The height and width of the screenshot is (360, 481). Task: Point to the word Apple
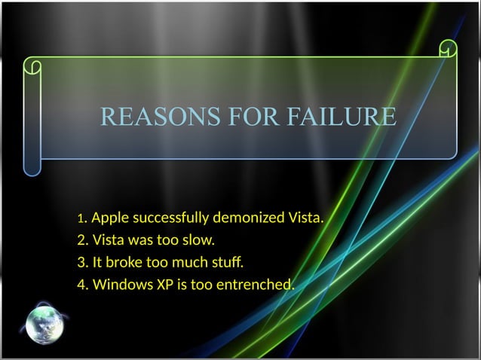click(x=109, y=219)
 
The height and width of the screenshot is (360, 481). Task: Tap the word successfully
click(x=170, y=219)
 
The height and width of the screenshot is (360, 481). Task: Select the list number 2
click(x=81, y=242)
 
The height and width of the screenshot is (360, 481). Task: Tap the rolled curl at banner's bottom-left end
click(x=31, y=166)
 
